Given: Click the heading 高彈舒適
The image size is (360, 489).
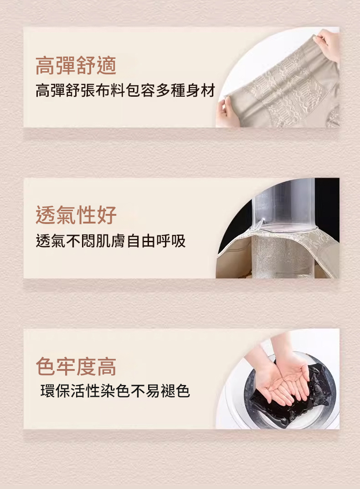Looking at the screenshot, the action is pos(76,66).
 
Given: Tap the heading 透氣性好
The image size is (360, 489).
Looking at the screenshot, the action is pos(76,215).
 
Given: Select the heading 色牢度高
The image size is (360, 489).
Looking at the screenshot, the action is pos(76,366).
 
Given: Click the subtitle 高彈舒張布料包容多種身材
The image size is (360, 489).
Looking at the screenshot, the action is pos(125,90).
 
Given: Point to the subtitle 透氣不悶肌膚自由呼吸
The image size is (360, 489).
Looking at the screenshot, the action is pos(111,241).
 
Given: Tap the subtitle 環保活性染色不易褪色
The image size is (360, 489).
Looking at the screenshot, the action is pos(115,391).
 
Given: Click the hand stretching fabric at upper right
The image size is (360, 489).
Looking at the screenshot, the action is pos(327,44).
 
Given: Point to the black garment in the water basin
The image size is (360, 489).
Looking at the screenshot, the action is pos(294,396).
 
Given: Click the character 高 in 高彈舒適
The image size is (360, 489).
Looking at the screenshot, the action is pos(46,66).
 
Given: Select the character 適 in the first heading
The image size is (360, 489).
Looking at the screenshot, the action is pos(107,66).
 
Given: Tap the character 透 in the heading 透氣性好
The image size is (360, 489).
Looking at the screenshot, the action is pos(46,215).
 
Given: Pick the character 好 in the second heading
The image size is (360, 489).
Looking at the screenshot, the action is pos(107,215).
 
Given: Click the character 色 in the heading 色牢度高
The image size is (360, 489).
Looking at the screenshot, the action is pos(46,366).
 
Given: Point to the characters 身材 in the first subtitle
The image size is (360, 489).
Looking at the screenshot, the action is pos(201,90).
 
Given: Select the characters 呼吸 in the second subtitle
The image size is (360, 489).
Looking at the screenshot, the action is pos(171,241).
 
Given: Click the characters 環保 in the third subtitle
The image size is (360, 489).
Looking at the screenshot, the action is pos(55,391).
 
